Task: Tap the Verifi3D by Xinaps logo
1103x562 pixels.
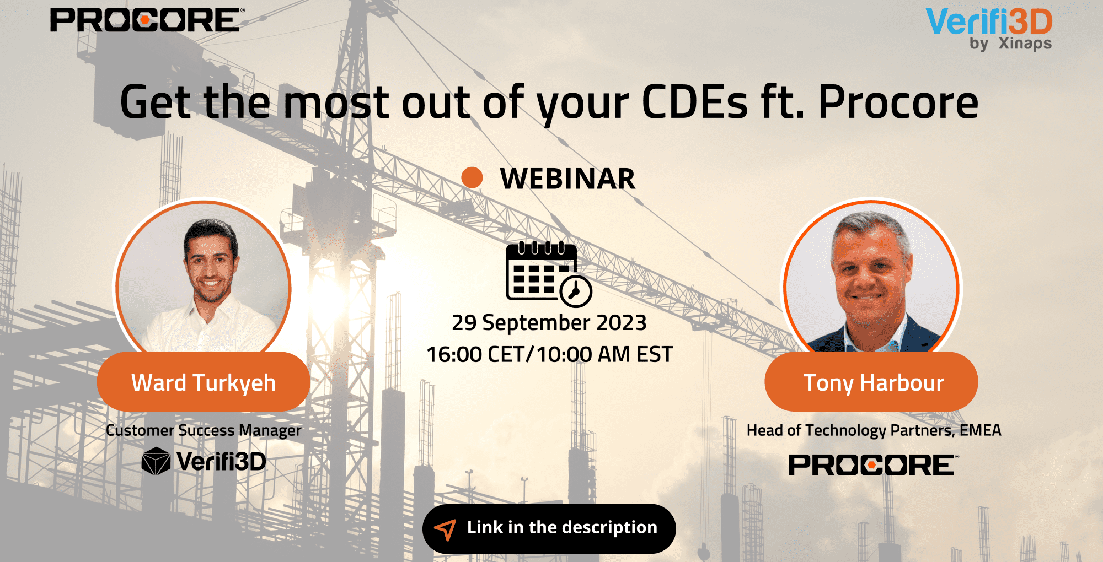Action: coord(989,29)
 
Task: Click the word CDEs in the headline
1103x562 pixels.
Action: coord(695,102)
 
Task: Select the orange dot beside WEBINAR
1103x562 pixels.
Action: coord(472,177)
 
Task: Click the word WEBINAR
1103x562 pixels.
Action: coord(567,179)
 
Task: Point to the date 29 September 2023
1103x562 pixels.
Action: coord(549,322)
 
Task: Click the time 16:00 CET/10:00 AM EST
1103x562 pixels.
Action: coord(550,354)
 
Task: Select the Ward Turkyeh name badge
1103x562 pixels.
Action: coord(204,382)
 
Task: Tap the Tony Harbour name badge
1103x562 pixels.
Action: coord(871,382)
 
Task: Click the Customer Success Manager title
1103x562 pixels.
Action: coord(204,430)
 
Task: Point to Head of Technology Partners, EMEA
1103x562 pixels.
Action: coord(874,430)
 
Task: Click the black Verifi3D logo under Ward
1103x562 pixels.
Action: coord(204,462)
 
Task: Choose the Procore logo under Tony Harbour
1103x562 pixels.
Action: coord(874,465)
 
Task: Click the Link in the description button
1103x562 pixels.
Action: coord(549,528)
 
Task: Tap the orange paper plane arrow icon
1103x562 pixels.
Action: coord(446,529)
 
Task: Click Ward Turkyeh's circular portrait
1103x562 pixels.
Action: coord(204,278)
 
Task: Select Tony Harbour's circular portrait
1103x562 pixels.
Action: coord(871,278)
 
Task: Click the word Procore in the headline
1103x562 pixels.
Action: coord(898,102)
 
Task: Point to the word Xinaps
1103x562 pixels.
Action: coord(1025,44)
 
